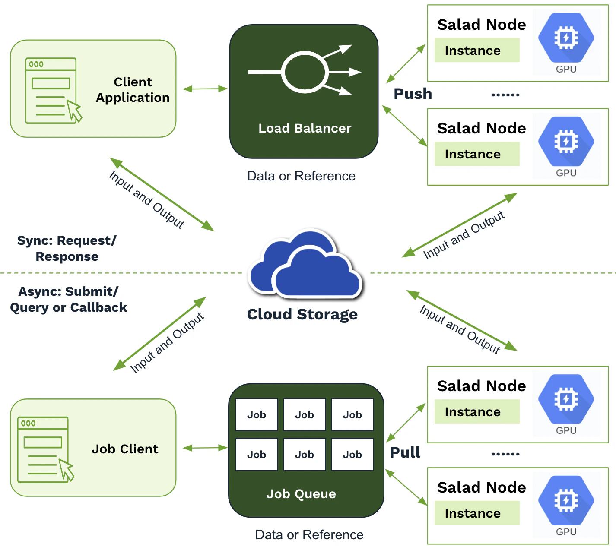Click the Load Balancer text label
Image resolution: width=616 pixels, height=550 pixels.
[x=305, y=128]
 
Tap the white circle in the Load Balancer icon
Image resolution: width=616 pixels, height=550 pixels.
[x=305, y=72]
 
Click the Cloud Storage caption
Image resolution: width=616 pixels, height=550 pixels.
[x=302, y=314]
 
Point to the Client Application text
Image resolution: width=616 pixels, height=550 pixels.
[x=133, y=90]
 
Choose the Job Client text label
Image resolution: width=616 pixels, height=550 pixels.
[x=125, y=449]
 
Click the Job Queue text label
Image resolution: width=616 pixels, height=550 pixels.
[x=301, y=494]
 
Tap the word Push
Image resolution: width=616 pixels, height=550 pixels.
[x=413, y=94]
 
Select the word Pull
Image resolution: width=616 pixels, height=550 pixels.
[x=405, y=452]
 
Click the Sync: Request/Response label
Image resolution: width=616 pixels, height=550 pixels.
[x=67, y=248]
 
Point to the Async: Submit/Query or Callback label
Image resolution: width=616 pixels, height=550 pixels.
[x=68, y=299]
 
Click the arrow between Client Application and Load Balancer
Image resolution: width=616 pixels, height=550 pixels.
[x=205, y=89]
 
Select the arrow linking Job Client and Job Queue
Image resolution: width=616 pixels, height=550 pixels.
[x=205, y=448]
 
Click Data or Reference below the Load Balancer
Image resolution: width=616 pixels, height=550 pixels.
[x=301, y=176]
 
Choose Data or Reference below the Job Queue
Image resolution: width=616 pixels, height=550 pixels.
[x=309, y=535]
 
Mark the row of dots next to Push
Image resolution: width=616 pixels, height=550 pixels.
[x=505, y=95]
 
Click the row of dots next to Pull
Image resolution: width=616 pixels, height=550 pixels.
[x=505, y=454]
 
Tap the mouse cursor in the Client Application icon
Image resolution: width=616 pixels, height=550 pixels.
[x=74, y=111]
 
